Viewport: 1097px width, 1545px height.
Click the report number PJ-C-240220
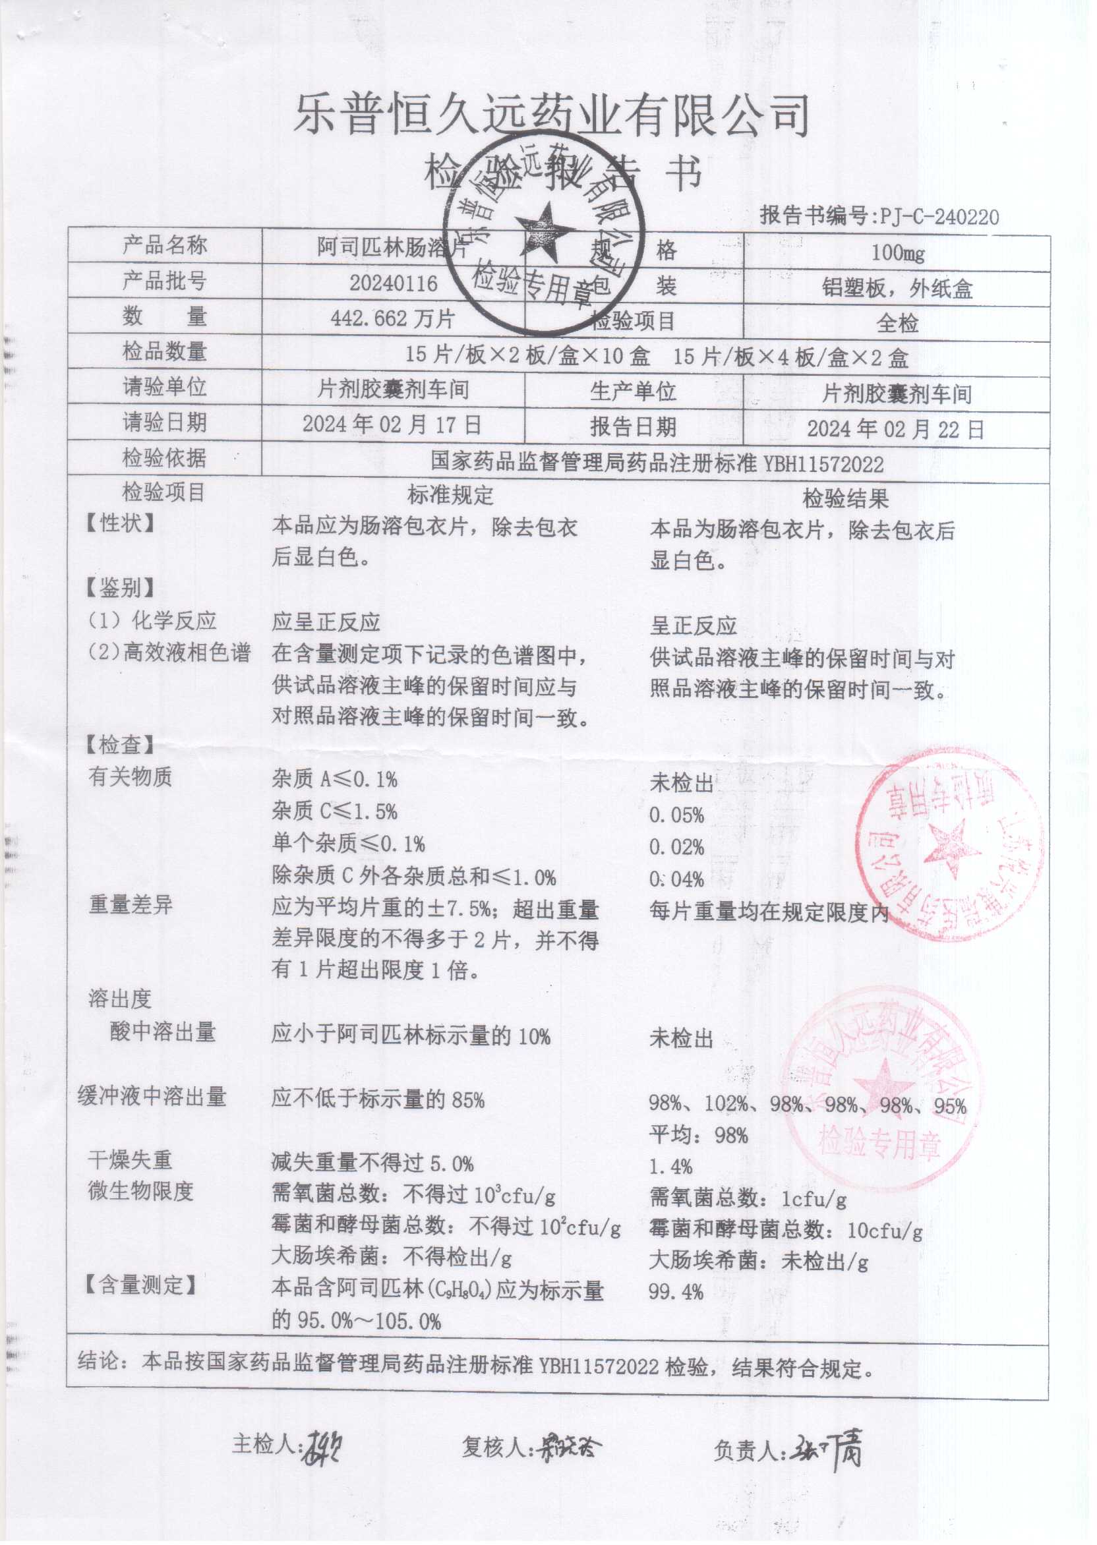pos(939,217)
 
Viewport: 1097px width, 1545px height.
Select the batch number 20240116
pos(393,283)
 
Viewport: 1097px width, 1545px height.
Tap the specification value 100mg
pos(897,253)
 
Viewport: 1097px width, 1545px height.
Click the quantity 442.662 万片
pos(392,318)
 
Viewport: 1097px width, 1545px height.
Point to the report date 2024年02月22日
pos(896,429)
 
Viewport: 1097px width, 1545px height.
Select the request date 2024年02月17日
pos(392,424)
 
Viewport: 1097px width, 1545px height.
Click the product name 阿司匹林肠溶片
pos(392,248)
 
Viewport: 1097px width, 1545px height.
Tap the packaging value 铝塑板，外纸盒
pos(897,289)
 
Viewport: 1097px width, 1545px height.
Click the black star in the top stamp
pos(544,231)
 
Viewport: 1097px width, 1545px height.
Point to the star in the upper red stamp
pos(951,848)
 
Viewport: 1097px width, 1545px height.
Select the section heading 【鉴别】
pos(119,588)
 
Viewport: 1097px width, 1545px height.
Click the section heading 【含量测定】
pos(140,1285)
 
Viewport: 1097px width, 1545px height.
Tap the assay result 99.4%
pos(676,1293)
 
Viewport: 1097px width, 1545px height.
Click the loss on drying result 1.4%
pos(670,1166)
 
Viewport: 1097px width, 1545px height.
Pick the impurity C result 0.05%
pos(677,815)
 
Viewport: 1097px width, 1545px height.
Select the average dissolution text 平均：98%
pos(698,1135)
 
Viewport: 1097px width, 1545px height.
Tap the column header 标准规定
pos(450,495)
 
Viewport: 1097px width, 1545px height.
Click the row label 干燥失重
pos(130,1160)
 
